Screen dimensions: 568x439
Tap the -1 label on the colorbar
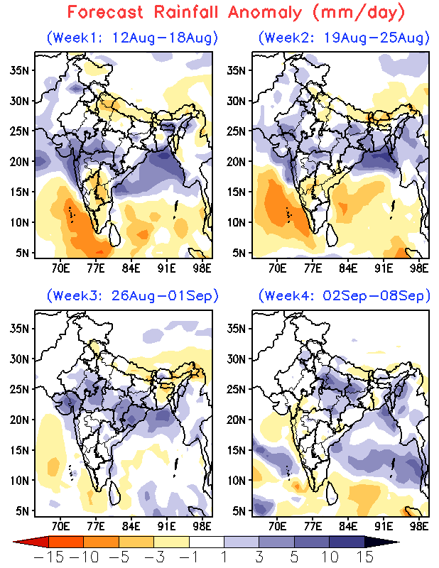click(x=188, y=557)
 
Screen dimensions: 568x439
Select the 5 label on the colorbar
click(x=294, y=557)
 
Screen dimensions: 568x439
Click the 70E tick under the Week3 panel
click(x=60, y=527)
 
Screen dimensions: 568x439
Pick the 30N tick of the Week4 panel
click(x=236, y=359)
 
